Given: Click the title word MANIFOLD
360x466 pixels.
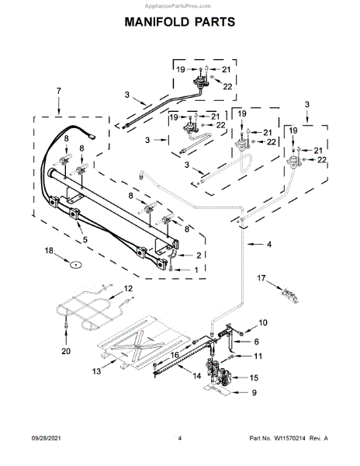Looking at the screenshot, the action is [157, 22].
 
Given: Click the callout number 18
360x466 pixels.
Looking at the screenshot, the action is [49, 251].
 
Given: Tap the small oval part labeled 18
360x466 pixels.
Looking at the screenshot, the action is [76, 265].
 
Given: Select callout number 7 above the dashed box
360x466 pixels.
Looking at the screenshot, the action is [59, 91].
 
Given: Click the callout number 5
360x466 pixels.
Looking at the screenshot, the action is [85, 239].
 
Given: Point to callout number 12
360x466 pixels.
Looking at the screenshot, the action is [128, 288].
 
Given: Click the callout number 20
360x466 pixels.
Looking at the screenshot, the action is [66, 351].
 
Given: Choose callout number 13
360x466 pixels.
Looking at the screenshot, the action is [96, 371].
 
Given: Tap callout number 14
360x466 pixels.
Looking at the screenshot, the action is [197, 376].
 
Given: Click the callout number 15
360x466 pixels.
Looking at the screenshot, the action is [254, 377].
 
